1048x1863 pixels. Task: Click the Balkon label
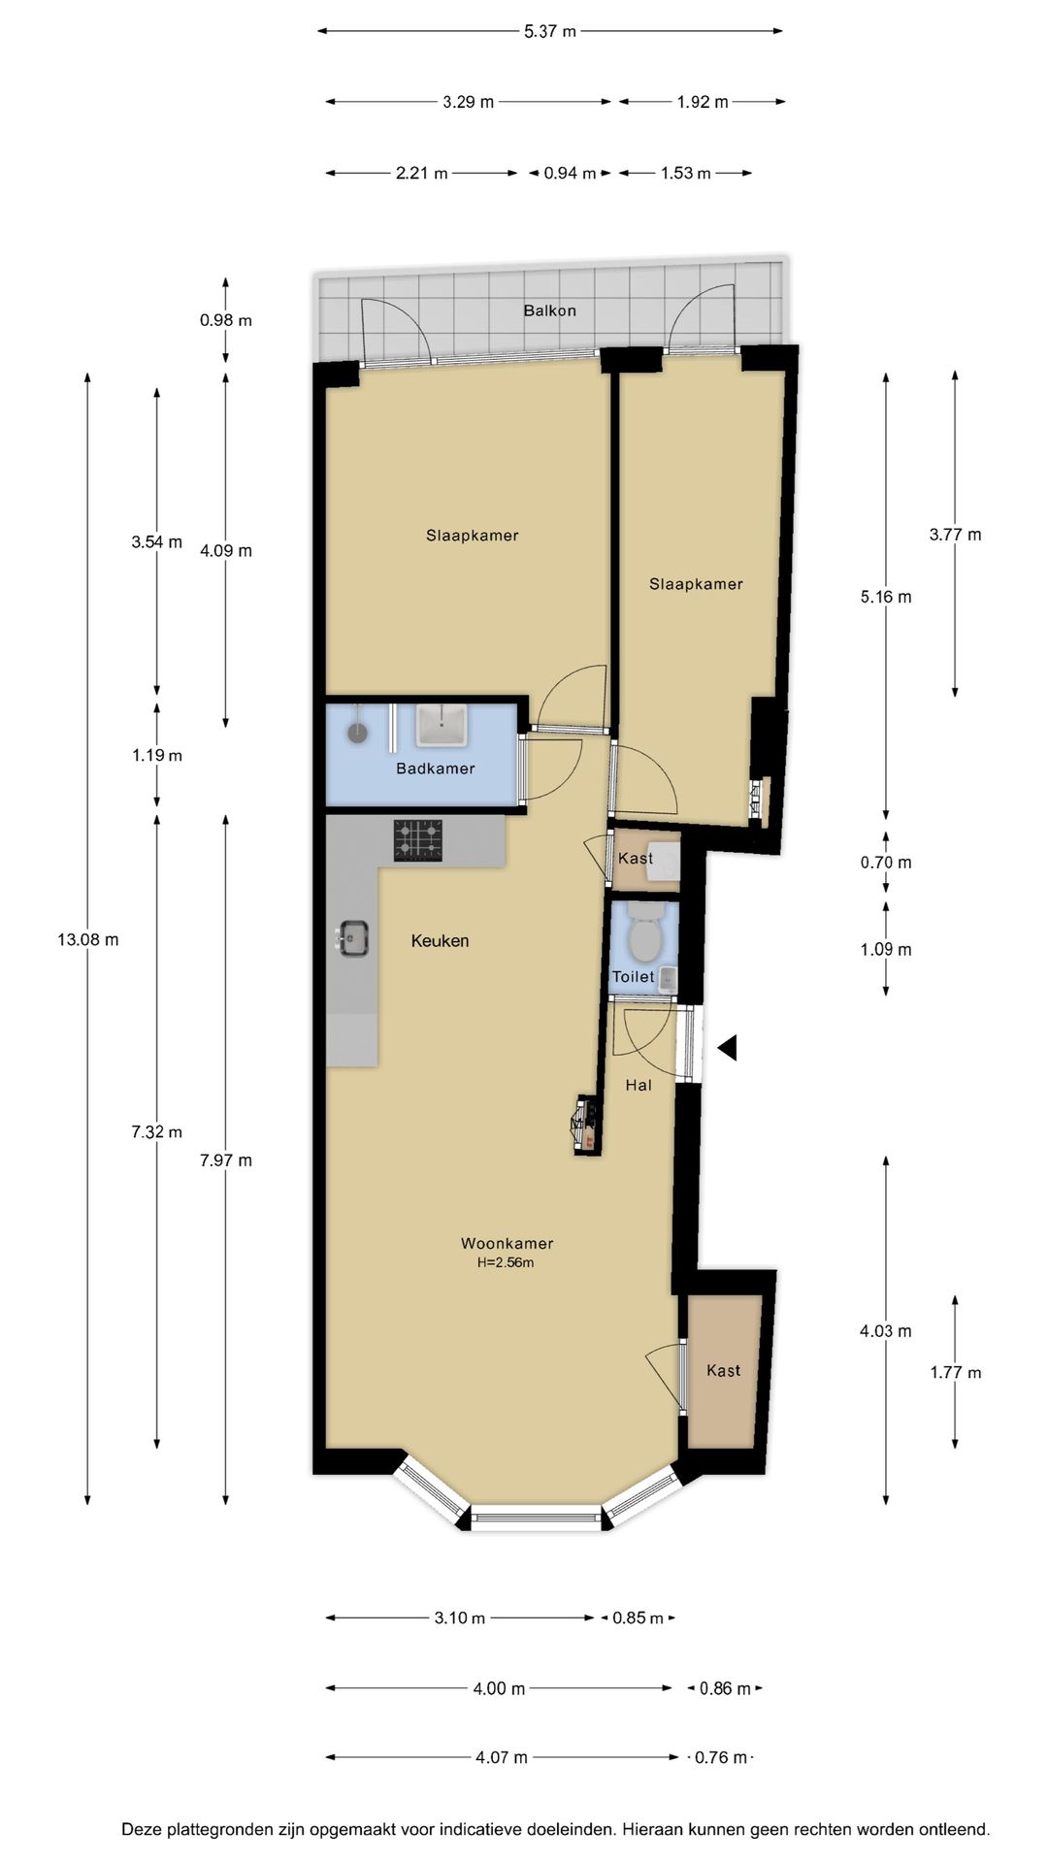[549, 310]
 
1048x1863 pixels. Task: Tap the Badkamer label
[436, 768]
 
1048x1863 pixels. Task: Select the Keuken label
[440, 940]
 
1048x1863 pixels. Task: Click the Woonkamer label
[507, 1243]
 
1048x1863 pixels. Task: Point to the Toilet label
[633, 977]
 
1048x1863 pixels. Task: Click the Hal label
[639, 1085]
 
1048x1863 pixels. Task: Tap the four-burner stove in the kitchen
[418, 840]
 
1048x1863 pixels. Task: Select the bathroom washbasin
[442, 726]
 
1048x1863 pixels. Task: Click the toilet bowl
[643, 936]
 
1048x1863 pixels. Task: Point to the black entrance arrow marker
[728, 1048]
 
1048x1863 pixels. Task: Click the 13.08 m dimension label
[88, 939]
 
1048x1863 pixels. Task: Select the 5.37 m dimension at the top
[550, 31]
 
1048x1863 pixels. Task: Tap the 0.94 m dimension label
[570, 173]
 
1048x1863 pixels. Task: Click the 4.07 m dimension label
[501, 1757]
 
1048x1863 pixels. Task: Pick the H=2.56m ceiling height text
[506, 1263]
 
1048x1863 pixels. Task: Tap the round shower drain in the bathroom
[358, 733]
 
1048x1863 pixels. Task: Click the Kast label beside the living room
[723, 1370]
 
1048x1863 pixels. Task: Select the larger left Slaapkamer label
[472, 535]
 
